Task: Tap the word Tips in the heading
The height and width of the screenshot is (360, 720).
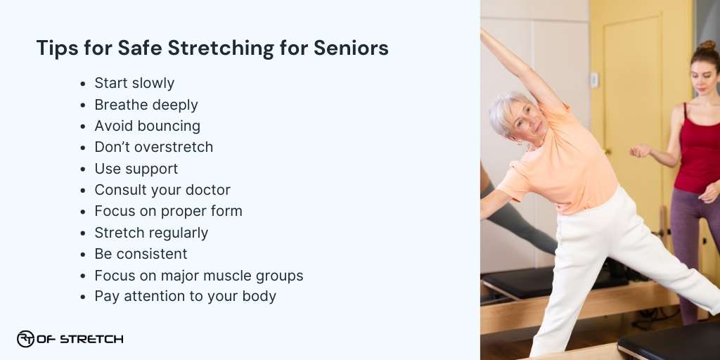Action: (56, 49)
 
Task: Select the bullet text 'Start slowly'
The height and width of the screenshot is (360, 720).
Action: (134, 83)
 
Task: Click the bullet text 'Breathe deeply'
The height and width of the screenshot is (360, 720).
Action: (146, 105)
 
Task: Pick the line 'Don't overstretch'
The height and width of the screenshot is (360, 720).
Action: (153, 147)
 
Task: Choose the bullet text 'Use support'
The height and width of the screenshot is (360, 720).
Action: (136, 169)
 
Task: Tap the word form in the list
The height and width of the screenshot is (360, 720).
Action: (226, 211)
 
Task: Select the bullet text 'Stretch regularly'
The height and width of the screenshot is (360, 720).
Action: (151, 232)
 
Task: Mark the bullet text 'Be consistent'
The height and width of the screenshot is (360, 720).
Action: (141, 253)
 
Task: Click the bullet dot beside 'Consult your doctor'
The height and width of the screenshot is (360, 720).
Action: (84, 191)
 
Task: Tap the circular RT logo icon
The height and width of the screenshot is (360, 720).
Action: (25, 339)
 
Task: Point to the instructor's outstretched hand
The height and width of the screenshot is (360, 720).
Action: (640, 150)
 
